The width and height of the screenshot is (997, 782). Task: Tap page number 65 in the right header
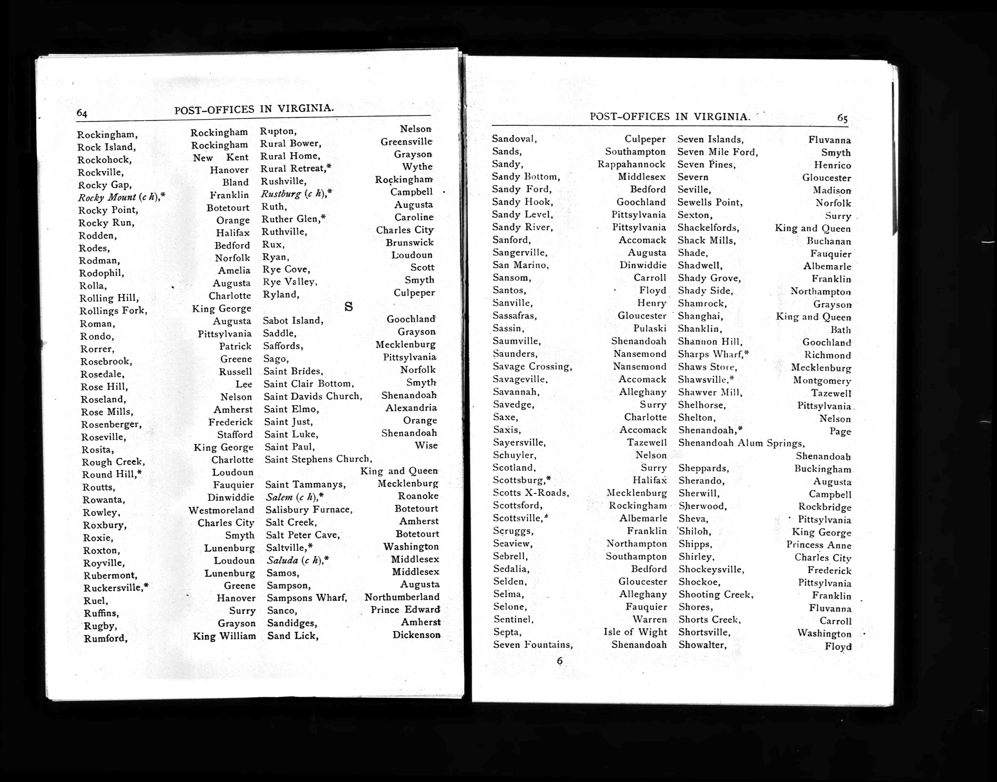(842, 118)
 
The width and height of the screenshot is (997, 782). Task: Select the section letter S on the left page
(348, 307)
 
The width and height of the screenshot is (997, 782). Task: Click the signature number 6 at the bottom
(559, 661)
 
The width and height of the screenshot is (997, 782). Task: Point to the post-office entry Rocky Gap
(105, 185)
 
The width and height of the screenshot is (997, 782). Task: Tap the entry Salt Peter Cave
(303, 535)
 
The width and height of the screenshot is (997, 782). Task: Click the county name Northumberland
(402, 597)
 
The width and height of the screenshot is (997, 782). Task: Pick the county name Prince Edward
(405, 610)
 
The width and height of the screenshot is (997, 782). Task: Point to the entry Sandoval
(514, 139)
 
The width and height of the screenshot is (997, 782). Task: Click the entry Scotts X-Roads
(531, 493)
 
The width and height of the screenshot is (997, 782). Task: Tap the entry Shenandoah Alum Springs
(741, 443)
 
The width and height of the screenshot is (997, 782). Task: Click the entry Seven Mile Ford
(717, 152)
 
